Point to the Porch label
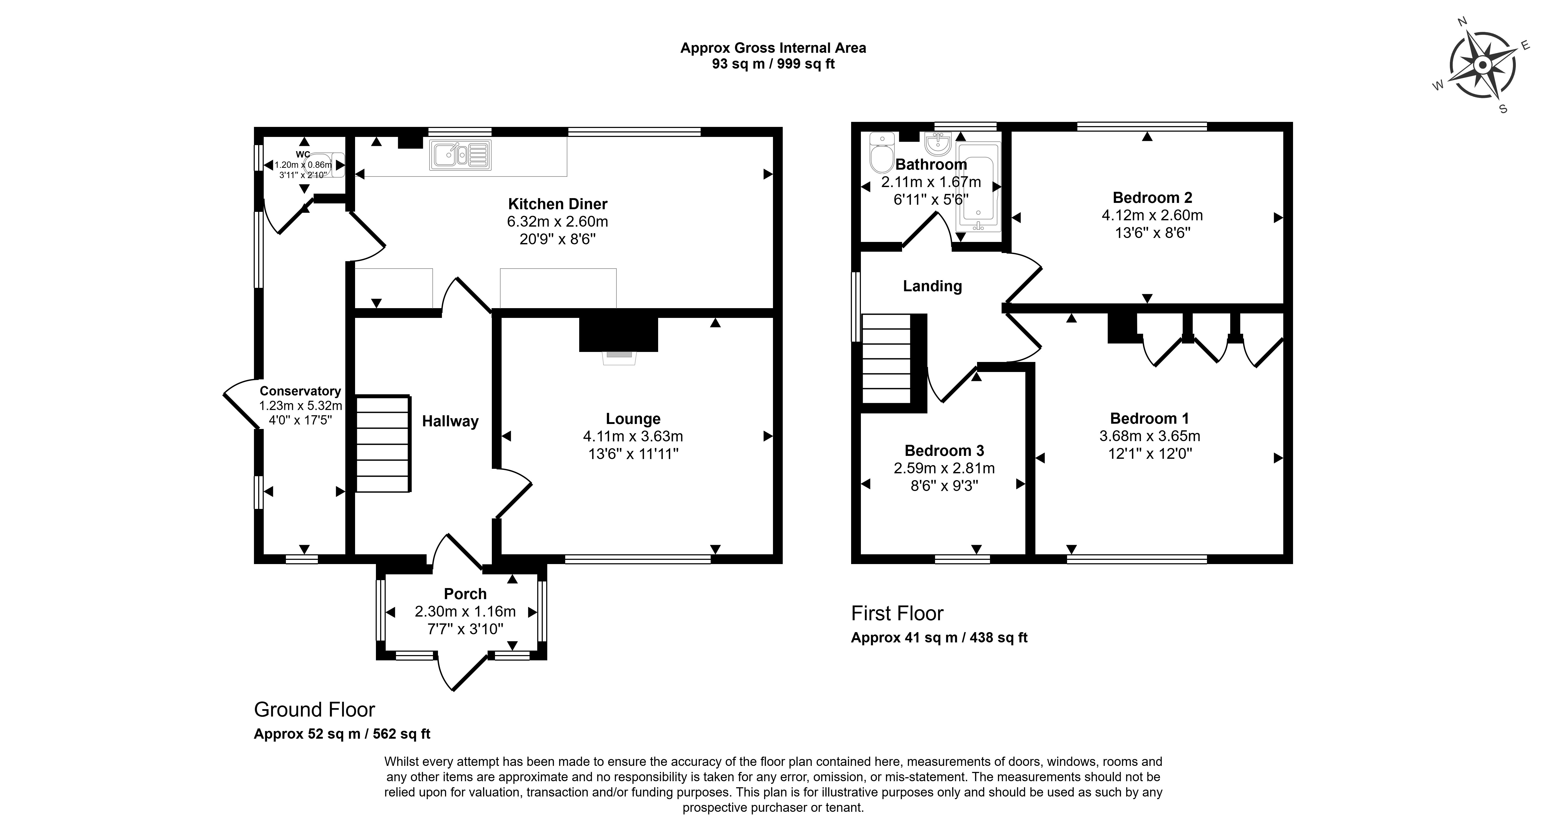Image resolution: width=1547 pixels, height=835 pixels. pos(465,594)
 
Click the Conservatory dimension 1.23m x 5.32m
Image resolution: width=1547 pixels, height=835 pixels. pos(300,406)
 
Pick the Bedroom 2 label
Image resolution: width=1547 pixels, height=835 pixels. pos(1152,198)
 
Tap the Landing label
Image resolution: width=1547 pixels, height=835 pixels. pos(932,286)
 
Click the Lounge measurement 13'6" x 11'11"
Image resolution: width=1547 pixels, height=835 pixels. pos(633,454)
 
